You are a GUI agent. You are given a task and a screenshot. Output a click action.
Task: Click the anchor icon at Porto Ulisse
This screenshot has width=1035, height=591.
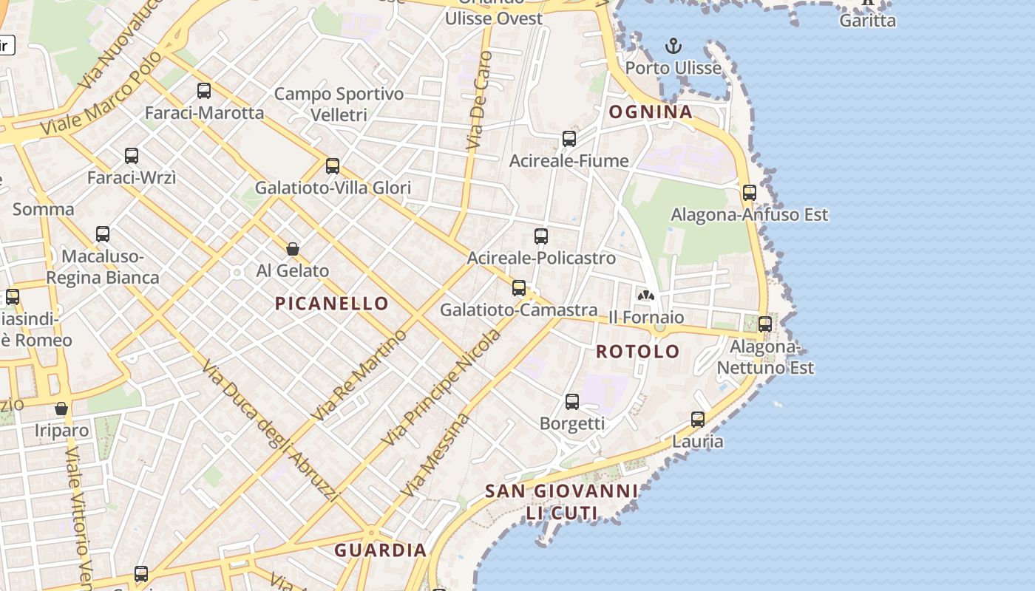(673, 47)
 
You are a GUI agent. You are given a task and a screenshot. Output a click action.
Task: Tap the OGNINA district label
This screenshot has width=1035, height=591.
(651, 112)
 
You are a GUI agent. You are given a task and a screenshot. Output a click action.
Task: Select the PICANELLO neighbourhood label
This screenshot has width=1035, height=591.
(332, 303)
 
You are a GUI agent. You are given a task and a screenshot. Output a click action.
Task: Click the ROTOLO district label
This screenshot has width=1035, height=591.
(638, 352)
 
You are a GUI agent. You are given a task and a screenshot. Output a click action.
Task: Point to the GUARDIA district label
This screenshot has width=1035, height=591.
(381, 550)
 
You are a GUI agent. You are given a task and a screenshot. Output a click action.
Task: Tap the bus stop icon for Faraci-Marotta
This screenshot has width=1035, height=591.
(204, 91)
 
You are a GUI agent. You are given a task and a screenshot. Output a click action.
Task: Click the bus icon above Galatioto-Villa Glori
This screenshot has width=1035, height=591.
(333, 166)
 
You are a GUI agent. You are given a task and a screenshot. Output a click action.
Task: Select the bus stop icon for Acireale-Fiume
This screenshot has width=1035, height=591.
(569, 138)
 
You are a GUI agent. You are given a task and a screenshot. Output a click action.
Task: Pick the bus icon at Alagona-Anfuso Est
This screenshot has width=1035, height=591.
(750, 193)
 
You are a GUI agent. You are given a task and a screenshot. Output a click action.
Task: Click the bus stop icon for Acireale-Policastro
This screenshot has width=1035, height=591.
(541, 236)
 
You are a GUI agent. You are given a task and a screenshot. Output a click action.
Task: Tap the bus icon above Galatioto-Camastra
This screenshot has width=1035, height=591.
(519, 288)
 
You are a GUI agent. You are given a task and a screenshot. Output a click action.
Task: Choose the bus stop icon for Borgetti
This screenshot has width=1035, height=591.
(572, 402)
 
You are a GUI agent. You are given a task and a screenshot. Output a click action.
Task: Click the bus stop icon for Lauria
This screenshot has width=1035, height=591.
(697, 420)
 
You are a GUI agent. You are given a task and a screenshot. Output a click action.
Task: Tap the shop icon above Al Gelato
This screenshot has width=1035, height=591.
(293, 249)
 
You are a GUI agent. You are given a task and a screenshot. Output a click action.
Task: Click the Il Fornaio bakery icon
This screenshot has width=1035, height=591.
(646, 295)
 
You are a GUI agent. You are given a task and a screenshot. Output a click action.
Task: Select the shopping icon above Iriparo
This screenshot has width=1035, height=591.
(61, 409)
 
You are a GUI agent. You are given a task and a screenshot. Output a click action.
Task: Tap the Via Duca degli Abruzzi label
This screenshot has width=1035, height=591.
(269, 431)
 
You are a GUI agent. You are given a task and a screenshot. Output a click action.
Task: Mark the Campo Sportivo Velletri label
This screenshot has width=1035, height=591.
(339, 104)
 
